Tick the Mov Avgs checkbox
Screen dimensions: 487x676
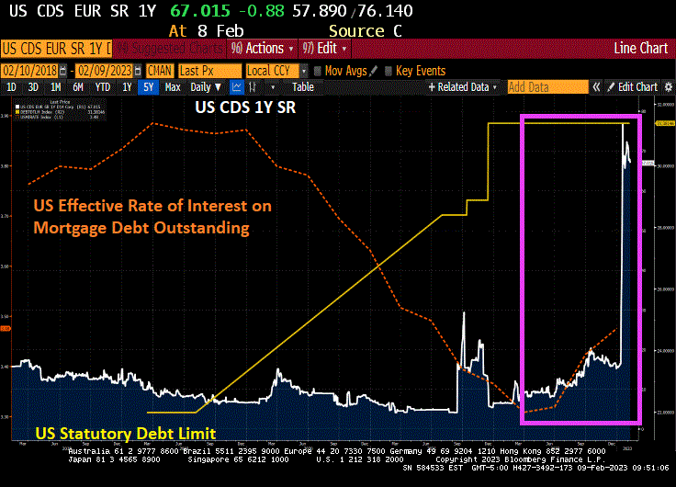318,71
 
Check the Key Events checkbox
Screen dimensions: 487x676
389,71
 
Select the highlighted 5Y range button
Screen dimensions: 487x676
148,87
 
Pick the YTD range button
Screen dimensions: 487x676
102,87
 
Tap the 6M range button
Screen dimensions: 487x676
79,87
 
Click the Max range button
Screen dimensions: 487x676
173,87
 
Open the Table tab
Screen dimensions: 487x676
302,87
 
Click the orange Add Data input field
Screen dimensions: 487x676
546,87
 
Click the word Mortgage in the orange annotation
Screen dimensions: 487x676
73,226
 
